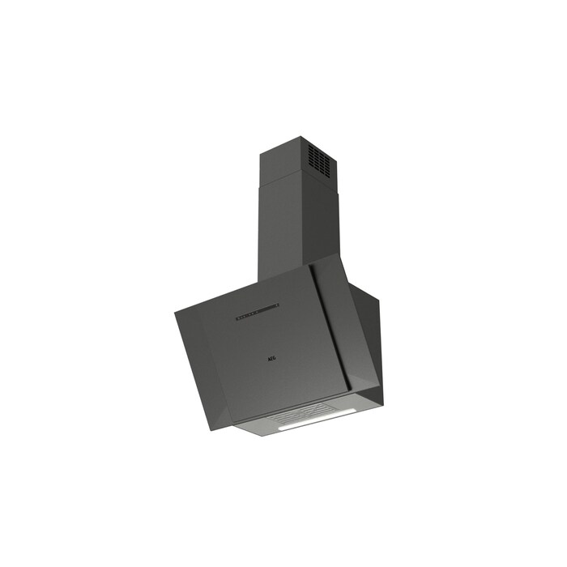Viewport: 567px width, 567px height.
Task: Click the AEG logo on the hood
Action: (271, 359)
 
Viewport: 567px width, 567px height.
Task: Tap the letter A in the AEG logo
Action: (269, 360)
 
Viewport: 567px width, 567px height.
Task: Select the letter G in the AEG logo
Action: (274, 358)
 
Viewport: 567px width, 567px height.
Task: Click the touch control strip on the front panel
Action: (257, 312)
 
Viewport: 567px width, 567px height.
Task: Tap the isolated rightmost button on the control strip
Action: (277, 305)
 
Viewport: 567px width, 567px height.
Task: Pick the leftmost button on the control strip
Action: (237, 318)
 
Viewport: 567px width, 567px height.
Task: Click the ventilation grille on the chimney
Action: (320, 160)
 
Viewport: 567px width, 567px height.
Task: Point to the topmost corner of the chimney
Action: (301, 136)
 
